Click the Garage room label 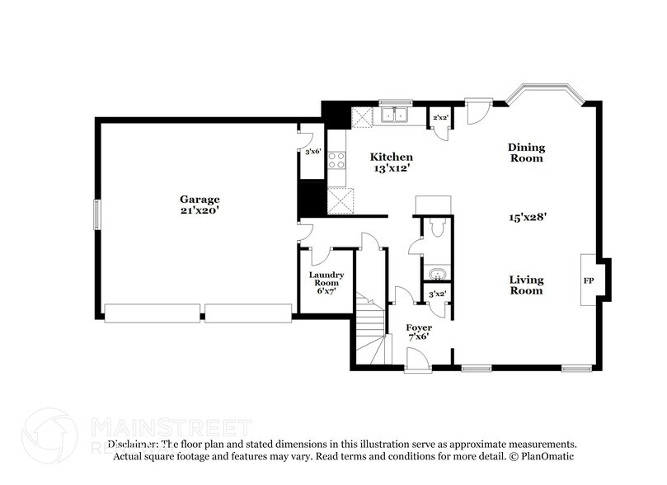click(x=200, y=199)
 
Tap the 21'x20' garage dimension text click(x=200, y=210)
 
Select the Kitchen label click(x=391, y=157)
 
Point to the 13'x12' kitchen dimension click(x=391, y=168)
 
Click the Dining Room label click(x=525, y=153)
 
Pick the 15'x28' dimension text click(x=528, y=218)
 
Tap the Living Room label click(x=525, y=285)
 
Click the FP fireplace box click(x=589, y=280)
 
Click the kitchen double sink click(x=395, y=116)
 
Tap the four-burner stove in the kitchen click(x=336, y=159)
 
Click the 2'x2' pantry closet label click(x=440, y=118)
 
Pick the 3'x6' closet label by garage click(x=312, y=152)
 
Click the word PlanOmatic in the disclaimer click(x=546, y=455)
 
